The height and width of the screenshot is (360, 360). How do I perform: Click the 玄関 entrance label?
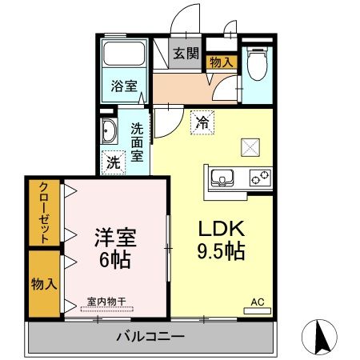[x=186, y=54]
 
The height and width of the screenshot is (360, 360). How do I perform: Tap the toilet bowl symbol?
[x=257, y=63]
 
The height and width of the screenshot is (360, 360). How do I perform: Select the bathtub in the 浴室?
[x=124, y=54]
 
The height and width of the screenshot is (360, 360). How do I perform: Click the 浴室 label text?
[x=124, y=86]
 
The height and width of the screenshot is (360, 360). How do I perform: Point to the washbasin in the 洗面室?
[x=109, y=131]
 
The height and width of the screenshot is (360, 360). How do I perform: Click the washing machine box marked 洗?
[x=114, y=162]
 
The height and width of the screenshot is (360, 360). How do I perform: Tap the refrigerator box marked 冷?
[x=202, y=122]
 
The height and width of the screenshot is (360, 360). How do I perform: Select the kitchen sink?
[x=222, y=178]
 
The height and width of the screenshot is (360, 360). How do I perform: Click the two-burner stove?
[x=260, y=178]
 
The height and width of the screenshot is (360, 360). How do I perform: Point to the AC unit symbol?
[x=258, y=310]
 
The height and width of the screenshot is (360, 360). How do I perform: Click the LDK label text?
[x=221, y=229]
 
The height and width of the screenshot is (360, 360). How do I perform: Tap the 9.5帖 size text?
[x=221, y=251]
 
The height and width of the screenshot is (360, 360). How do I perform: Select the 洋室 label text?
[x=115, y=238]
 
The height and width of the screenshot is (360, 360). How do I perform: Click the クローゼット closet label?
[x=44, y=212]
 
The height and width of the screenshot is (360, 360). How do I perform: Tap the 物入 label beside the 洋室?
[x=44, y=284]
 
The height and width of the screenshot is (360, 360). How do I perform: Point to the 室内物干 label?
[x=106, y=302]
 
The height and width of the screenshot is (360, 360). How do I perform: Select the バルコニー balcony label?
[x=150, y=337]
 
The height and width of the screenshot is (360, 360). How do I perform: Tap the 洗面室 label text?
[x=137, y=142]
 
